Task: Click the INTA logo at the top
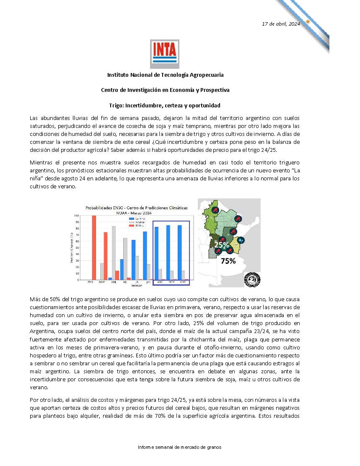pyautogui.click(x=165, y=54)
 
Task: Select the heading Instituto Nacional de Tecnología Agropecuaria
pyautogui.click(x=165, y=75)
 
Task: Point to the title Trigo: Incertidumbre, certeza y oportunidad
pyautogui.click(x=165, y=105)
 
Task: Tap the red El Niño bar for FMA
pyautogui.click(x=94, y=247)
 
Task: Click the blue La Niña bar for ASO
pyautogui.click(x=156, y=253)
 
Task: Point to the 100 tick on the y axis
pyautogui.click(x=77, y=216)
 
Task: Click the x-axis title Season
pyautogui.click(x=136, y=286)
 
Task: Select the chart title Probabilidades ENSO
pyautogui.click(x=137, y=208)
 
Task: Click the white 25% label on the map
pyautogui.click(x=222, y=245)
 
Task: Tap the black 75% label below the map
pyautogui.click(x=228, y=260)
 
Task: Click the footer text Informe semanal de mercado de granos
pyautogui.click(x=179, y=447)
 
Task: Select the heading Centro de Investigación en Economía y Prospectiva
pyautogui.click(x=165, y=90)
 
